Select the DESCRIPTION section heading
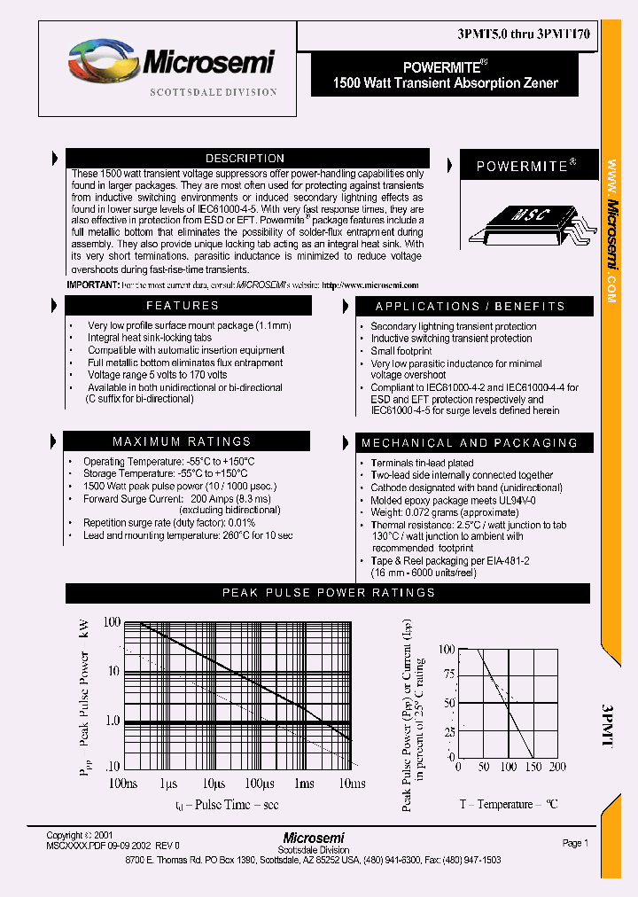point(245,159)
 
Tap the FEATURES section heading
point(183,306)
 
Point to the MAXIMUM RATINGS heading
point(182,441)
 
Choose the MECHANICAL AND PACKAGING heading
point(469,442)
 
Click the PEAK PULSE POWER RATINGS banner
point(328,593)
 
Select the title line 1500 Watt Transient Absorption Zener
point(445,83)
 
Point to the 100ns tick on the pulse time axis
point(122,784)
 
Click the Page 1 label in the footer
point(575,843)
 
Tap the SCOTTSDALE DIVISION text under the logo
point(213,92)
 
